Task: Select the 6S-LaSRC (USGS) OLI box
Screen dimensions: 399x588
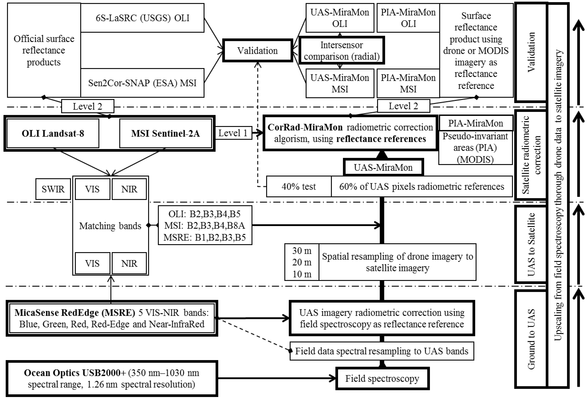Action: [142, 18]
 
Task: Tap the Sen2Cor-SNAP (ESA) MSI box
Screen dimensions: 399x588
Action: [142, 83]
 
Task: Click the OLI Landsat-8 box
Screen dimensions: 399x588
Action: [53, 133]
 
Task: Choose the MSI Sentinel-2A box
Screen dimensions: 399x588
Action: [166, 133]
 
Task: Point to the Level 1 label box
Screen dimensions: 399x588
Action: [233, 133]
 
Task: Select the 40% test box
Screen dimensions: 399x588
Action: [299, 186]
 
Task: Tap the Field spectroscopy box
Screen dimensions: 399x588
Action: [382, 379]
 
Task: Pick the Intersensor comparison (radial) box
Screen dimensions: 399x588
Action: [342, 51]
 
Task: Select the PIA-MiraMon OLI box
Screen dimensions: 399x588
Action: [408, 18]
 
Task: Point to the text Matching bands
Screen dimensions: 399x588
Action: [110, 226]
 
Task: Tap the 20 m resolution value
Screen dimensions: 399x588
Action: [302, 262]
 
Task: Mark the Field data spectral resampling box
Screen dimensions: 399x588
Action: [382, 351]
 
